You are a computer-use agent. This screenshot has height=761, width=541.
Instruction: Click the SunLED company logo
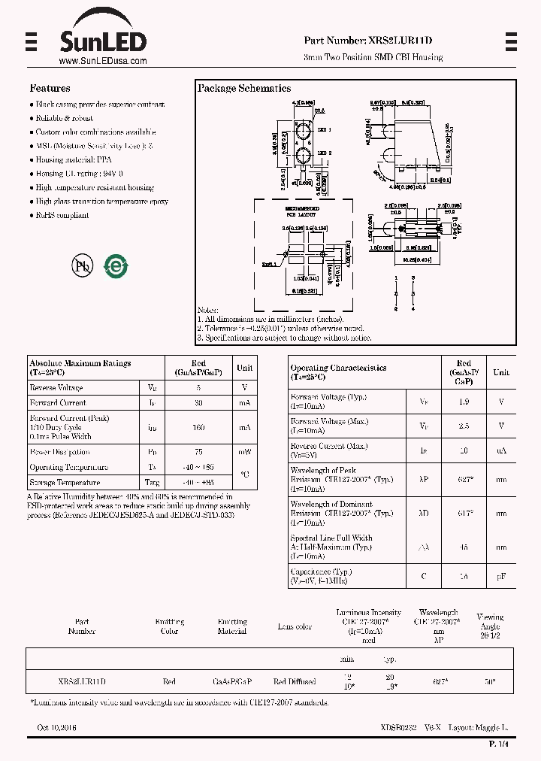click(103, 40)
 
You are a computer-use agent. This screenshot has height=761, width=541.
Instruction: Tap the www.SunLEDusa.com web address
click(102, 62)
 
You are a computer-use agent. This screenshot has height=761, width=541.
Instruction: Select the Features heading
click(50, 88)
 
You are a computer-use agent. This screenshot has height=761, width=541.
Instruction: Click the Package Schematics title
click(244, 89)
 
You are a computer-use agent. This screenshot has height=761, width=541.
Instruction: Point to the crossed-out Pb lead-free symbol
click(81, 265)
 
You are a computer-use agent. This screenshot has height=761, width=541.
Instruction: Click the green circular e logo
click(116, 265)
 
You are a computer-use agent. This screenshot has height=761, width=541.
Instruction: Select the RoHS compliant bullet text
click(62, 215)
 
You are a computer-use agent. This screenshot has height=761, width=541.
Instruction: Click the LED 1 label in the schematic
click(325, 130)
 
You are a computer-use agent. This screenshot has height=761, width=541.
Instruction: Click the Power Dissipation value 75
click(199, 452)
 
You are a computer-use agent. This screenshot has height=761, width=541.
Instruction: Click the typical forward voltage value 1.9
click(464, 401)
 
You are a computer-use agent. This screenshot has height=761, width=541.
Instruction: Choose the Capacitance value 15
click(464, 576)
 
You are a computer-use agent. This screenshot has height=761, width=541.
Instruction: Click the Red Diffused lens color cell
click(295, 681)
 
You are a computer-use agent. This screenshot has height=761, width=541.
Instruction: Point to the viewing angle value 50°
click(490, 681)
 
